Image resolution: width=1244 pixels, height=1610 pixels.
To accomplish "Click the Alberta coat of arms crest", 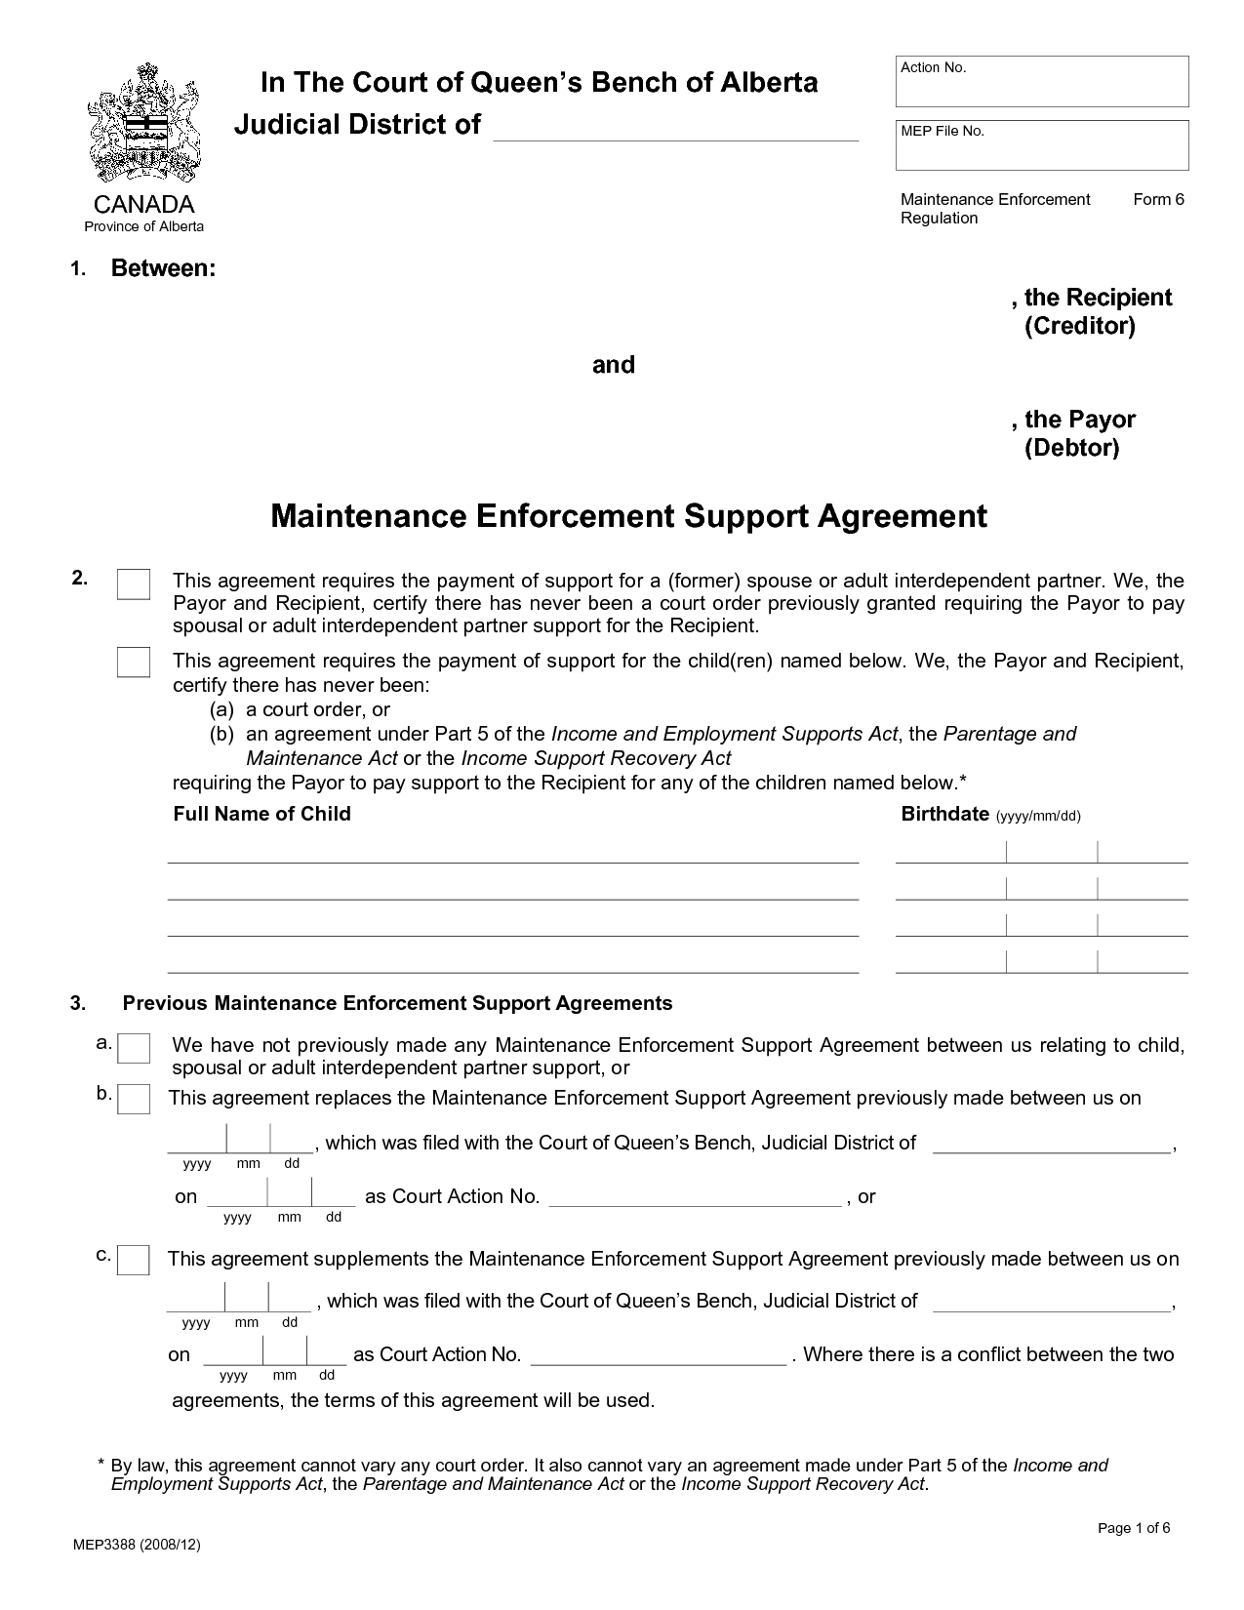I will click(x=144, y=125).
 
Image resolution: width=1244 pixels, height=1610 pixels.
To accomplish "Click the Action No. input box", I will click(x=1042, y=82).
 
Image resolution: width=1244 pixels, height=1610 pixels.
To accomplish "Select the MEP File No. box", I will click(x=1042, y=146).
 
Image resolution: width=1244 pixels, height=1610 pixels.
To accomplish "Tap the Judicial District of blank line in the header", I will click(x=675, y=129).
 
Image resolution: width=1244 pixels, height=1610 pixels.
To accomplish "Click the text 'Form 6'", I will click(x=1158, y=200).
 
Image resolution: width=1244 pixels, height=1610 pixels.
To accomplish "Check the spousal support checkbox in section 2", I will click(x=134, y=584).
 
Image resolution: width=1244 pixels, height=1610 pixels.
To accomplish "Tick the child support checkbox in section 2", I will click(x=134, y=662).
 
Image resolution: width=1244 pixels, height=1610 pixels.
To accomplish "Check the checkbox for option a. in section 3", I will click(x=134, y=1048).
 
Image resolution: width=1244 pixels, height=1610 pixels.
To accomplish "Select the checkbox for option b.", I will click(x=134, y=1099).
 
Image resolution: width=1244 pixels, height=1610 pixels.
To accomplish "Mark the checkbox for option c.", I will click(x=134, y=1260).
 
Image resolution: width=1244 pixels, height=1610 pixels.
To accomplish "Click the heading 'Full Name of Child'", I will click(x=261, y=814).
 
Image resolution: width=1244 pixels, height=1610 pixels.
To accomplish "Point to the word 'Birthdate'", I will click(x=944, y=814).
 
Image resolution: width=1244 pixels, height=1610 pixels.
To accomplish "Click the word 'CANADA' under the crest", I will click(x=143, y=204).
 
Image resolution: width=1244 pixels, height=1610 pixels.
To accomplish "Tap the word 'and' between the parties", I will click(x=614, y=365).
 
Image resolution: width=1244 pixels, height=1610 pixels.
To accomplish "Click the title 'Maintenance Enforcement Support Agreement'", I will click(x=628, y=515).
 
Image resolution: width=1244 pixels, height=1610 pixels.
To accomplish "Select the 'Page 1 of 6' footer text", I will click(x=1134, y=1528).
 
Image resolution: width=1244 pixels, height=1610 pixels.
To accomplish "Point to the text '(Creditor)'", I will click(x=1080, y=326).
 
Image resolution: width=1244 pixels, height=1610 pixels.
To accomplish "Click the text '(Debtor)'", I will click(x=1071, y=448).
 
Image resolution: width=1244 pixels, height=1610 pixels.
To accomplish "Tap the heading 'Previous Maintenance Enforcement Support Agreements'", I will click(x=397, y=1003).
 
